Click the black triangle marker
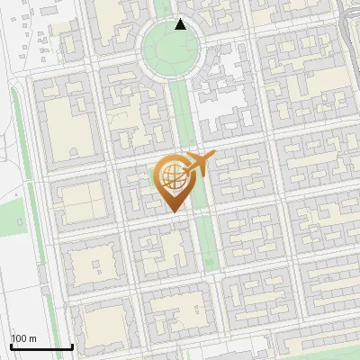point(180,24)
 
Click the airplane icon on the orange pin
point(199,165)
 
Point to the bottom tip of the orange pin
point(172,211)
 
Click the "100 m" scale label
point(24,338)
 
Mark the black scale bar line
point(41,346)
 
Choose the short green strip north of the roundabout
point(163,7)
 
